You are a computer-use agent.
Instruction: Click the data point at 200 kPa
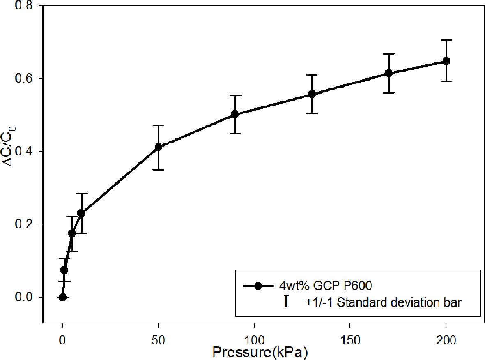(446, 61)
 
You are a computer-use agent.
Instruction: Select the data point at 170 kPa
(388, 73)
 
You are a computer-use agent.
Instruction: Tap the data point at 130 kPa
(312, 94)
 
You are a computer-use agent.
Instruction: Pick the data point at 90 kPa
(235, 114)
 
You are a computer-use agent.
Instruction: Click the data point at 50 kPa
(158, 147)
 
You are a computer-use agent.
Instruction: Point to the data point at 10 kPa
(81, 213)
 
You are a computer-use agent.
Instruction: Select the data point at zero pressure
(62, 297)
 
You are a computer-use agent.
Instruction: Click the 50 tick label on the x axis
(158, 340)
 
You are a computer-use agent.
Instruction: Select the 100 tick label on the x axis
(254, 340)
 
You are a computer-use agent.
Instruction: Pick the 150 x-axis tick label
(350, 340)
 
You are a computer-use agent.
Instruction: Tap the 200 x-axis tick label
(446, 340)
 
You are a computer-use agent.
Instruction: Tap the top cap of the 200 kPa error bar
(446, 40)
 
